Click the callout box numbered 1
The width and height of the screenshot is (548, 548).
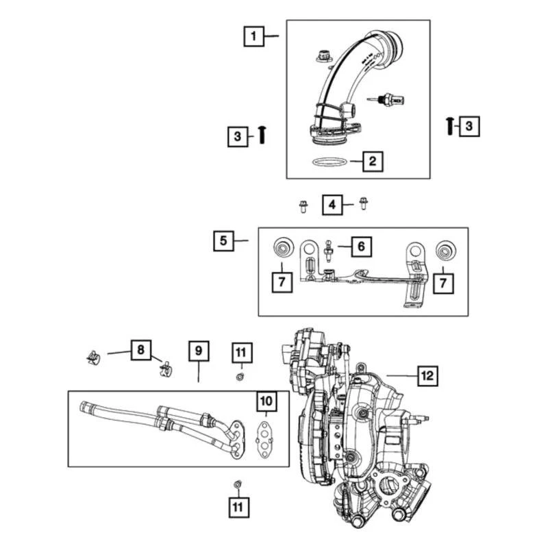(254, 35)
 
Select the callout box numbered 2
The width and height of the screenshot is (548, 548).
(372, 162)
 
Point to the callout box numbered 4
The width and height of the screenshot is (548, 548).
(332, 204)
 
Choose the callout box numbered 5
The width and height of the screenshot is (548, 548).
(223, 240)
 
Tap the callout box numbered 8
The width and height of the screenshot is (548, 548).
(140, 351)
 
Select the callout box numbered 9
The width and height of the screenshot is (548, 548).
(198, 351)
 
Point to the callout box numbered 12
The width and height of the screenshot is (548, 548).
(427, 375)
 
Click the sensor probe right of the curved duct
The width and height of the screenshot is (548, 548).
(390, 101)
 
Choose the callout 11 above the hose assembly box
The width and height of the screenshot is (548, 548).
(240, 353)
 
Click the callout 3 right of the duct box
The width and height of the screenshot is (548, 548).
(469, 125)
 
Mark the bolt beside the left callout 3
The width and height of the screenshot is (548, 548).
(262, 134)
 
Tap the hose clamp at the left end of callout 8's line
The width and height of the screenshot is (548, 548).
(94, 357)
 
